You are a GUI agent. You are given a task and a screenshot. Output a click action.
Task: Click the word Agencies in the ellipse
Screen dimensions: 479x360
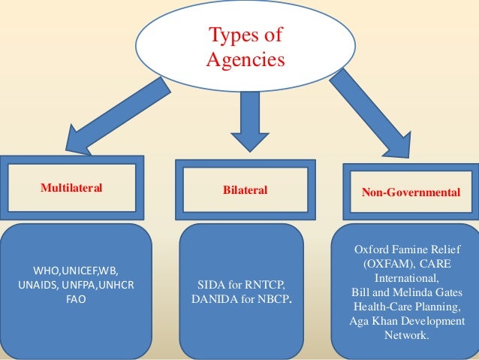tap(246, 59)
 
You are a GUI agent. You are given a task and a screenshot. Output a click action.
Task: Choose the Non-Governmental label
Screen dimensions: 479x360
tap(411, 192)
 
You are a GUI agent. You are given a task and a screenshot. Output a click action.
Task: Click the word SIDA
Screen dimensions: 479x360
tap(212, 285)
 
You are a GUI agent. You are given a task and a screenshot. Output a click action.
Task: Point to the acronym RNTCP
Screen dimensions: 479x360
tap(265, 285)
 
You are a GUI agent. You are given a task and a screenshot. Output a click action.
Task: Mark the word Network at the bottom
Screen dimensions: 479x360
tap(406, 335)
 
